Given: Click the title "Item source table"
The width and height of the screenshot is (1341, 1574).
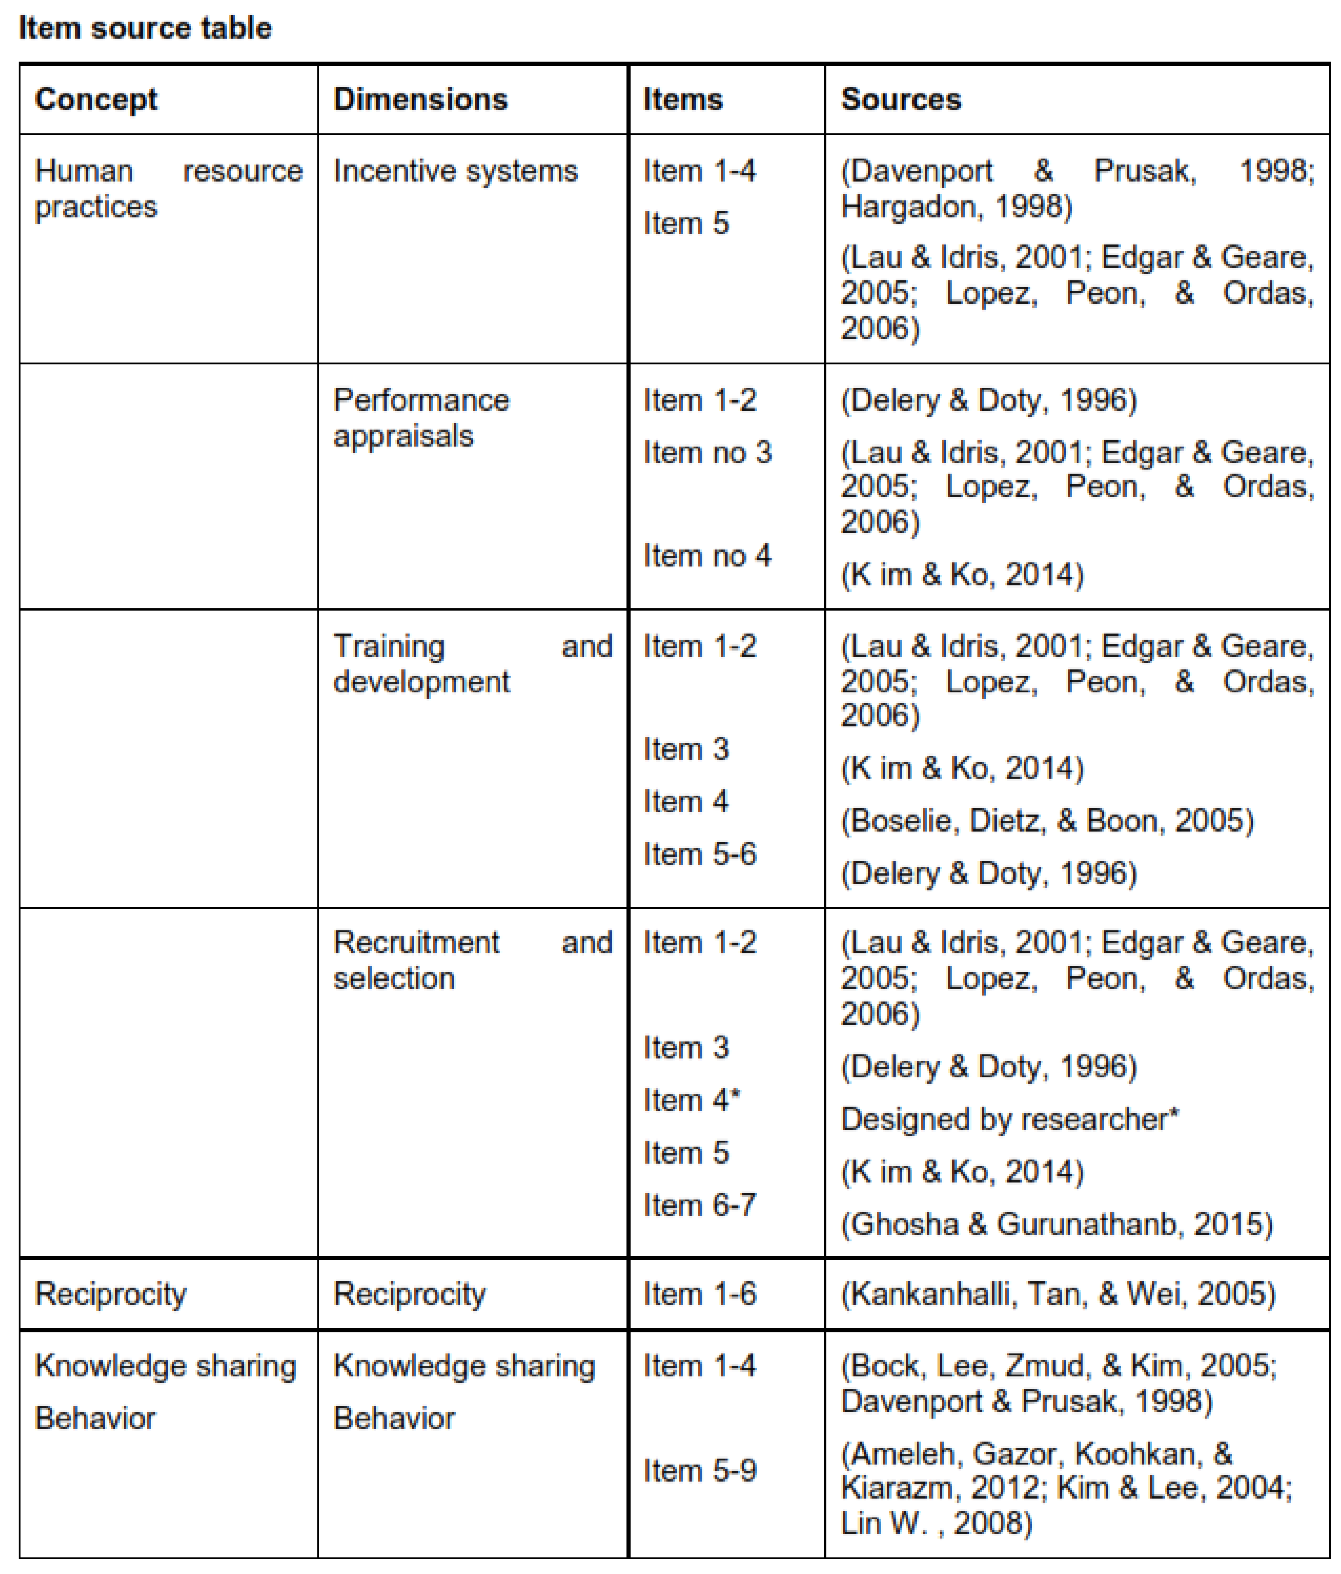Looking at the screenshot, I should [x=145, y=28].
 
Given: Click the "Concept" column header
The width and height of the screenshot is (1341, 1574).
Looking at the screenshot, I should [x=96, y=100].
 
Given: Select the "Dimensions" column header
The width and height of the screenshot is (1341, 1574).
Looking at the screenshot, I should [x=420, y=100].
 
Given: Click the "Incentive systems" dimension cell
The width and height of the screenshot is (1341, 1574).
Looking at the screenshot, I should [x=455, y=171].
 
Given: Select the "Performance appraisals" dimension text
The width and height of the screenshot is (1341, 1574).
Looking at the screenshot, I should [x=421, y=418].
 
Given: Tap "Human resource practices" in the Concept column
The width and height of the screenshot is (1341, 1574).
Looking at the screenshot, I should [x=168, y=189].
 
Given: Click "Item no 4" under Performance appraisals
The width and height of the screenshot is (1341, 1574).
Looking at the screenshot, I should [x=707, y=555].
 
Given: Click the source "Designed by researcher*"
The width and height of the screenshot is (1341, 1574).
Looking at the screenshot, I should [x=1009, y=1119].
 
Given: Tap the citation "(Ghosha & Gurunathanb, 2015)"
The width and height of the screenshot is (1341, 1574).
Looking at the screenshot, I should [x=1056, y=1224].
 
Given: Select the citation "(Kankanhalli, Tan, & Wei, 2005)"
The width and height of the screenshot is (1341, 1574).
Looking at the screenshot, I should [x=1057, y=1294].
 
